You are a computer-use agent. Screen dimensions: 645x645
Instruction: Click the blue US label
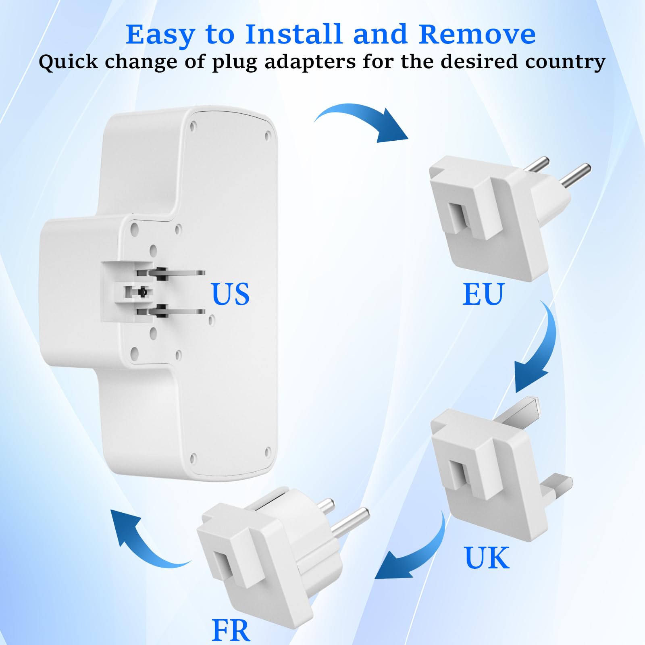[x=230, y=294]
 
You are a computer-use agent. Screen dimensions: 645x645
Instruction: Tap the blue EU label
[x=483, y=294]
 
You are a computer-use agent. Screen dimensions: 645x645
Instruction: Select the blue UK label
[x=487, y=558]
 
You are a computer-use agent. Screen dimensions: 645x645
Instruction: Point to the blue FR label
[x=231, y=630]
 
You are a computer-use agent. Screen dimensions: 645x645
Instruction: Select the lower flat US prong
[x=181, y=311]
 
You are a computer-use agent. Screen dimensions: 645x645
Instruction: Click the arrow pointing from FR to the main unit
[x=145, y=540]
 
